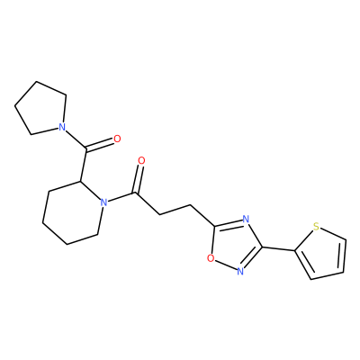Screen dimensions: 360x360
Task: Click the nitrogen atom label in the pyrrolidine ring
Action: click(x=62, y=127)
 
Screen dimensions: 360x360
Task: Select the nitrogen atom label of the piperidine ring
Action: click(x=103, y=202)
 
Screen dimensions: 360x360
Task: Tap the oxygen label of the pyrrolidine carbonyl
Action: click(x=117, y=139)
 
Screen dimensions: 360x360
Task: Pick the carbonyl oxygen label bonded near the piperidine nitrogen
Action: click(x=141, y=161)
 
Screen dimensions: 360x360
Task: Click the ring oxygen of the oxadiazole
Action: click(x=211, y=258)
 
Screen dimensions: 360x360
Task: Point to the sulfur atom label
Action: click(x=316, y=227)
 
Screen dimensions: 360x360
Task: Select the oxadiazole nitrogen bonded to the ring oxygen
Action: click(x=239, y=271)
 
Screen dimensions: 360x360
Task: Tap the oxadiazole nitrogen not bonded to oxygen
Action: click(x=246, y=219)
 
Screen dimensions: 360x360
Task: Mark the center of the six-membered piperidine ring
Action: click(x=73, y=212)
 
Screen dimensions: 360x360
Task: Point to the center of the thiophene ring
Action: click(x=322, y=254)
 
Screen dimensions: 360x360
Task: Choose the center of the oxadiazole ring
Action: click(x=235, y=244)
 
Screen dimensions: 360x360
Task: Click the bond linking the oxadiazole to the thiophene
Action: click(x=279, y=249)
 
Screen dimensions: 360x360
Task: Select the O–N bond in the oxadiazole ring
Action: click(x=225, y=265)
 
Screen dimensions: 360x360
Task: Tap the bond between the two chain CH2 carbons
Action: click(x=175, y=210)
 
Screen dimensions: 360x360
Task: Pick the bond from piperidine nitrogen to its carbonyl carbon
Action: click(x=121, y=198)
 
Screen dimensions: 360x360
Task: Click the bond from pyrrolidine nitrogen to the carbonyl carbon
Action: click(x=76, y=139)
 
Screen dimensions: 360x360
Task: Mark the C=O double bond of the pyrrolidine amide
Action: click(x=100, y=145)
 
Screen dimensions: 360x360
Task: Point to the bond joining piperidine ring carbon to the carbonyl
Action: click(x=83, y=165)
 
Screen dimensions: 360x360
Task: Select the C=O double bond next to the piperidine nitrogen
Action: click(x=139, y=179)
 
